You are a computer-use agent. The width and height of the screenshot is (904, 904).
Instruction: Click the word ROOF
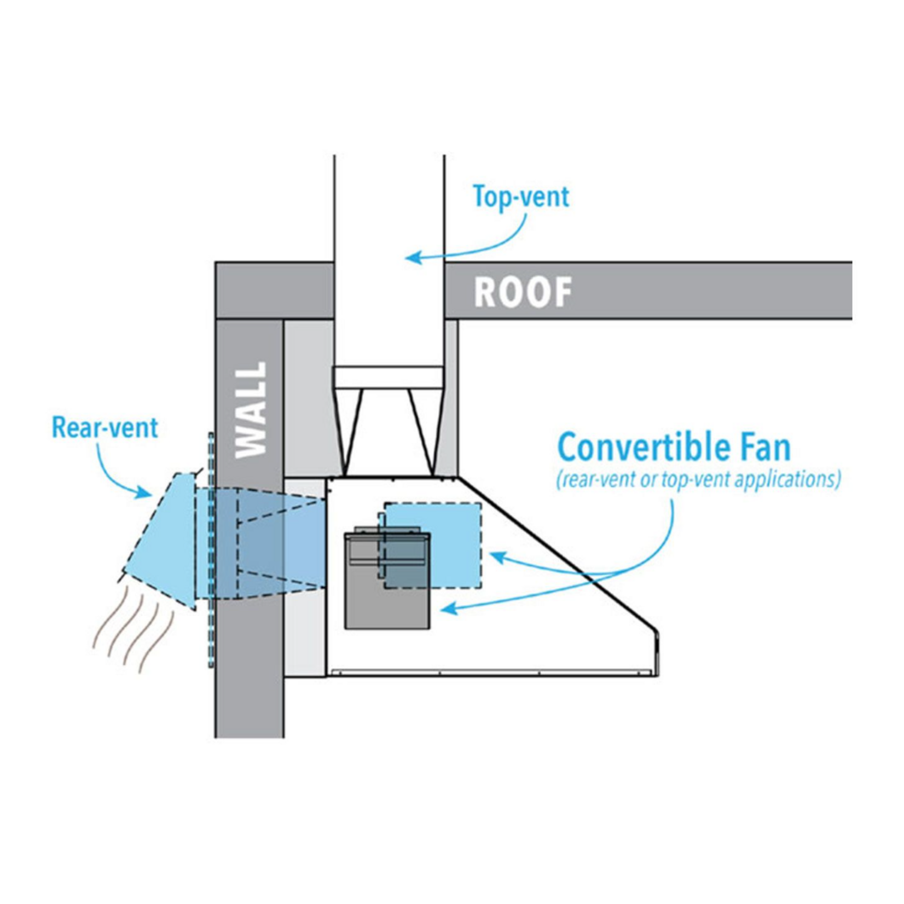tap(523, 292)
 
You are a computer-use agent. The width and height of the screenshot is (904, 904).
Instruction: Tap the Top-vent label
tap(521, 197)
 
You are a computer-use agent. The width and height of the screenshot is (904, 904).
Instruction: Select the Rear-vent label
tap(105, 427)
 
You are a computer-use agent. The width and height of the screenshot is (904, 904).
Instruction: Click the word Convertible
tap(643, 448)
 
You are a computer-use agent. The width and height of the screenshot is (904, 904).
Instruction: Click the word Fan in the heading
tap(763, 448)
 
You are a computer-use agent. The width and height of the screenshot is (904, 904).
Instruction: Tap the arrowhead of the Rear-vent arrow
tap(146, 492)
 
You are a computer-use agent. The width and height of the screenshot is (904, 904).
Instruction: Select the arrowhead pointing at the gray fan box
tap(446, 608)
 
